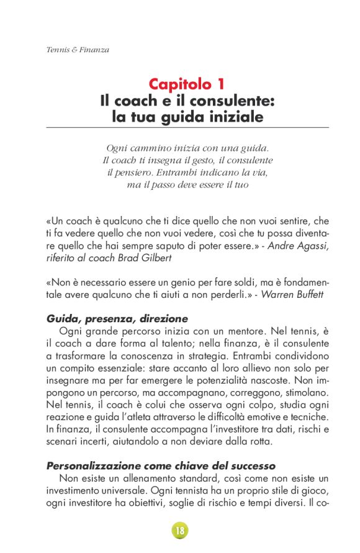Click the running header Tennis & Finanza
tap(78, 50)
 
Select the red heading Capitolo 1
tap(186, 84)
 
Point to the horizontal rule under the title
tap(187, 127)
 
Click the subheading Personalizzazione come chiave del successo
tap(161, 448)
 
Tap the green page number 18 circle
tap(180, 531)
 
